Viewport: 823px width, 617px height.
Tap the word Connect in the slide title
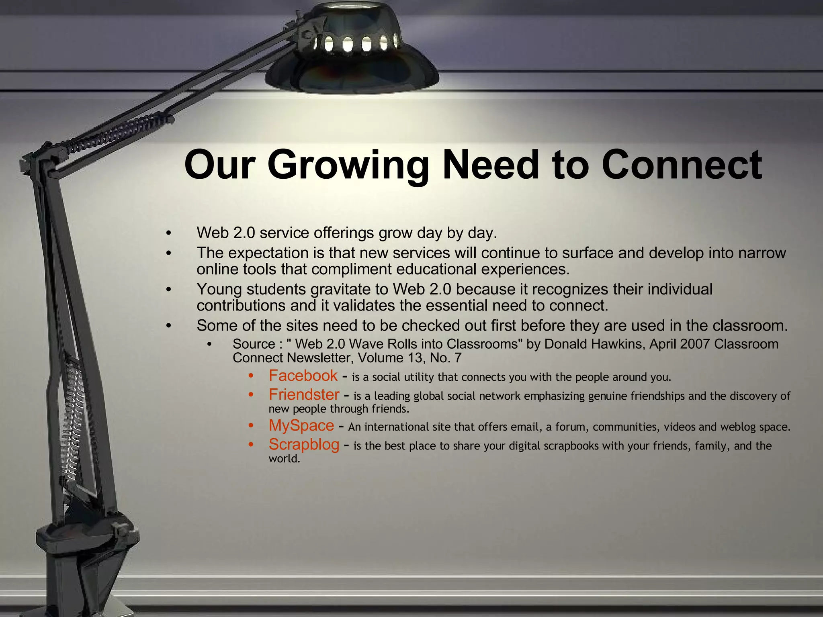point(682,165)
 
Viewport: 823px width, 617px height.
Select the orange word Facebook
point(303,376)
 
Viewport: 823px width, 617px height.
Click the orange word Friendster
point(304,394)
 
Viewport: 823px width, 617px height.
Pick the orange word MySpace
point(301,425)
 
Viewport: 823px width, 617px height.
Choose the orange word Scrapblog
point(304,444)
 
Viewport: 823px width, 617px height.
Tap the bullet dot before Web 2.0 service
point(169,233)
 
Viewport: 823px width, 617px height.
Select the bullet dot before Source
point(209,345)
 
